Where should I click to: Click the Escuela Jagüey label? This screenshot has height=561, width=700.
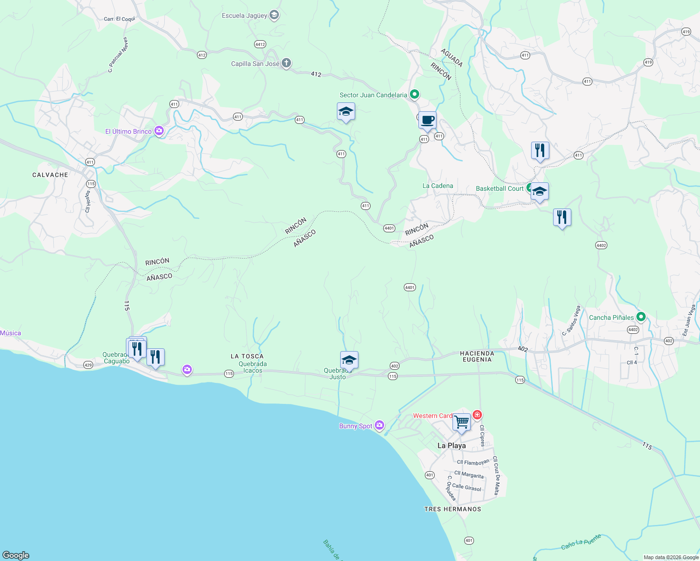point(244,15)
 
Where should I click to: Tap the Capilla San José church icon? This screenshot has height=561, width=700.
point(286,63)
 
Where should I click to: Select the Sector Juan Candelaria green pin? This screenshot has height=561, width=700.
point(414,94)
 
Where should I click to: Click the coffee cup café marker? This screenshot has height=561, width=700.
point(427,120)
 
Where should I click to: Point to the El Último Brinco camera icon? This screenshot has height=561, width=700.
point(159,131)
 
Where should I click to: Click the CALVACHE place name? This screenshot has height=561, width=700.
point(50,175)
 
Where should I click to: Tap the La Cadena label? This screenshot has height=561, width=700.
point(437,186)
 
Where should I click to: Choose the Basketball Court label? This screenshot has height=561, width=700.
point(499,188)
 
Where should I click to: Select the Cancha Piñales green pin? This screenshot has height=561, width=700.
point(641,317)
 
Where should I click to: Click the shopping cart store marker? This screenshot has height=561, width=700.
point(461,422)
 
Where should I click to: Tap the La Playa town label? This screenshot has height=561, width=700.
point(452,446)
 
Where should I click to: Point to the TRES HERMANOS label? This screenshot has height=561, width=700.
point(452,509)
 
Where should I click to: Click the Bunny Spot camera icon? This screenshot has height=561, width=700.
point(379,425)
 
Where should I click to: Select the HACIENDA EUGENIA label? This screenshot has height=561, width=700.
point(477,356)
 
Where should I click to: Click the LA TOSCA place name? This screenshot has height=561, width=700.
point(247,356)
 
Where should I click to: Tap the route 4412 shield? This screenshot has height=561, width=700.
point(260,44)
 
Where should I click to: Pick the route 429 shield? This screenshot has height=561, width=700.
point(88,365)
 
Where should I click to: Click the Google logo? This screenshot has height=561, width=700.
point(15,555)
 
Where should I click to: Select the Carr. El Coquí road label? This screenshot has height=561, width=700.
point(119,19)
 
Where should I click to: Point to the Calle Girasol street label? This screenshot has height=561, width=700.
point(467,487)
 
